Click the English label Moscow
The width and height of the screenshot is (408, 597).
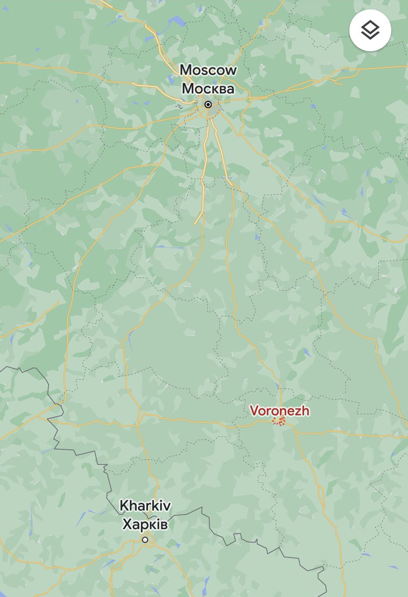[x=208, y=70]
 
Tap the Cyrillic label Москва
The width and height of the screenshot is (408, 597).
[x=208, y=89]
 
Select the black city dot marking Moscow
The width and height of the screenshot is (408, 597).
[x=208, y=104]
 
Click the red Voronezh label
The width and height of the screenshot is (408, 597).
[x=280, y=411]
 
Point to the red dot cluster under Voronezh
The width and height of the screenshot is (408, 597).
[x=280, y=422]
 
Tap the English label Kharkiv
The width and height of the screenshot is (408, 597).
[x=145, y=506]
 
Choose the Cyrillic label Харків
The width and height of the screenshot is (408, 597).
[x=145, y=524]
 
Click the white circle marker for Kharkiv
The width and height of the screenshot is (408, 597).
[x=145, y=540]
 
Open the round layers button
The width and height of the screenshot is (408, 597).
[x=370, y=30]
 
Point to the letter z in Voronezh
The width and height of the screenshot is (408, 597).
[x=296, y=411]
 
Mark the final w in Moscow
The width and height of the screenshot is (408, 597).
[x=231, y=71]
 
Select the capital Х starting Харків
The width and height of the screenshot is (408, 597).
[x=127, y=524]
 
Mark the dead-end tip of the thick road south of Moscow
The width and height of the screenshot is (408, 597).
[x=195, y=224]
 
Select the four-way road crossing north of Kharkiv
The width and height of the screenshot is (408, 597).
[x=139, y=414]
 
